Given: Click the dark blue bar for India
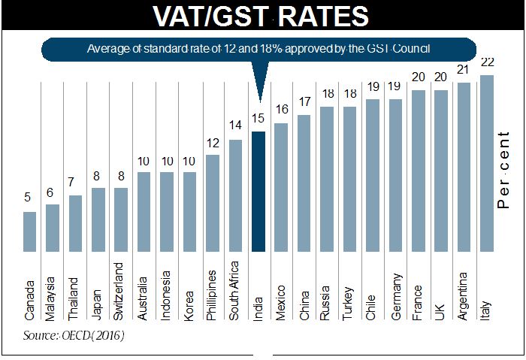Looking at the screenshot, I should pos(258,192).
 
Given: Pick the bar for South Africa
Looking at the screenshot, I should pos(235,195).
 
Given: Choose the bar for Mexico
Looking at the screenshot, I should pos(281,187).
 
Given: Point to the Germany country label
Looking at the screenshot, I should pos(395,293).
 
